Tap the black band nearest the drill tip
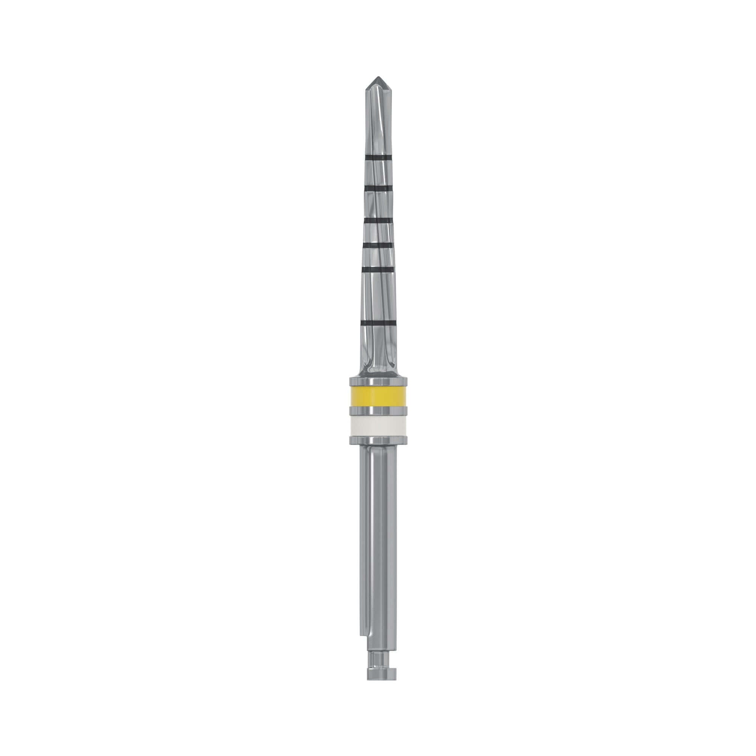point(378,157)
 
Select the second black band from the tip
point(378,189)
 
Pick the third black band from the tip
point(378,221)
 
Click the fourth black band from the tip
point(378,245)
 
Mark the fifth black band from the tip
point(378,270)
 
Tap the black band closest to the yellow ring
point(378,322)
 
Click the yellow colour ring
point(378,397)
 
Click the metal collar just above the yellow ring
point(378,382)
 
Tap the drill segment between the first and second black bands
point(378,173)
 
